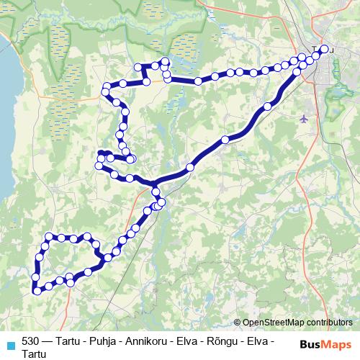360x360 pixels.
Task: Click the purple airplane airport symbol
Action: (x=304, y=118)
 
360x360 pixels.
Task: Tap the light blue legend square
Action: (x=10, y=344)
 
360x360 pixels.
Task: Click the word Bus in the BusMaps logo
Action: (x=312, y=344)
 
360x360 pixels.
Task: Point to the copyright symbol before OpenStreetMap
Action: (x=238, y=323)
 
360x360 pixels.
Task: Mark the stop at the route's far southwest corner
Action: (x=36, y=291)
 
